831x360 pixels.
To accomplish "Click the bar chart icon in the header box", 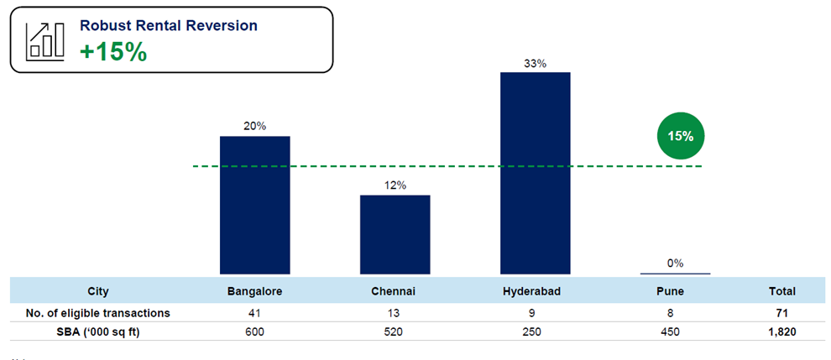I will click(x=44, y=39).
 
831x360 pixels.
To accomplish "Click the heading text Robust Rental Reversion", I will click(x=168, y=25).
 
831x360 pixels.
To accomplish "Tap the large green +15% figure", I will click(x=113, y=51).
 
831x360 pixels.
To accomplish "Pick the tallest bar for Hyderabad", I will click(x=535, y=172).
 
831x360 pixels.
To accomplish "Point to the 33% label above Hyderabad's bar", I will click(x=535, y=63).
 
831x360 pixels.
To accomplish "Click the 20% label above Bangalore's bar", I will click(x=254, y=126).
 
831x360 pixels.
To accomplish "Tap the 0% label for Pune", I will click(x=675, y=263).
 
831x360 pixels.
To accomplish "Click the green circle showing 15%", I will click(x=680, y=136).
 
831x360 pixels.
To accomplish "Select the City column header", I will click(x=98, y=292).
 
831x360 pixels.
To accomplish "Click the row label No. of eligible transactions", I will click(x=98, y=313).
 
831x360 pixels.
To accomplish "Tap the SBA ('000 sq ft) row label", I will click(x=98, y=331).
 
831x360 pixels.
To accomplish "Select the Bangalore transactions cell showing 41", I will click(x=254, y=313).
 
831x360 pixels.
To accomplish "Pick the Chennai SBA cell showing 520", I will click(x=395, y=331).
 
